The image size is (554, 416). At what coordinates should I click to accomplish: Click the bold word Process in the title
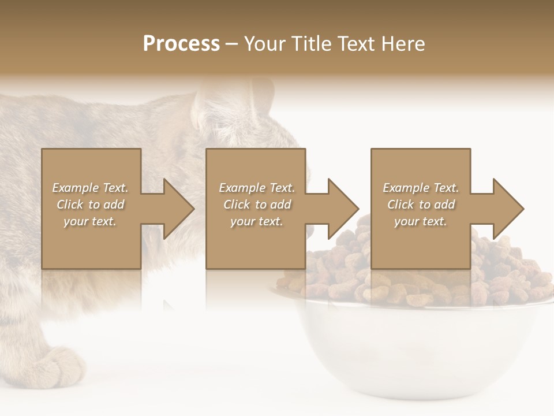pos(181,44)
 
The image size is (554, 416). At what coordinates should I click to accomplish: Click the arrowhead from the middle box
pos(342,209)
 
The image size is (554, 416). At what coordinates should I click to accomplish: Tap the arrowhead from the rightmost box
pos(507,209)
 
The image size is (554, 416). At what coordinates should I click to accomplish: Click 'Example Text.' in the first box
pos(91,188)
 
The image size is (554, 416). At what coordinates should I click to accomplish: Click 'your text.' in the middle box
pos(256,221)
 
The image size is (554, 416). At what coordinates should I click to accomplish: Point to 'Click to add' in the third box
pos(421,205)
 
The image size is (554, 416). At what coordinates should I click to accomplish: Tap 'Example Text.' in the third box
pos(421,188)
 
